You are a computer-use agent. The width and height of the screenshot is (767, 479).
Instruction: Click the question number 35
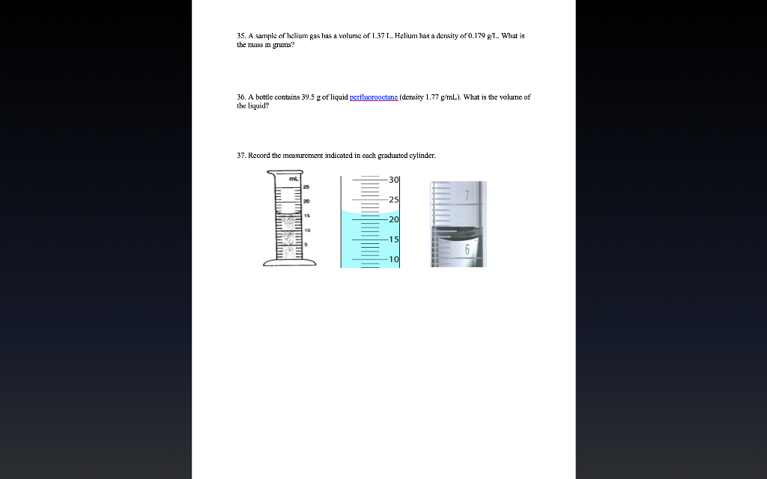pyautogui.click(x=240, y=36)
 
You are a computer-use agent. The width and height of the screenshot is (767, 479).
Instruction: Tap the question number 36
pyautogui.click(x=240, y=97)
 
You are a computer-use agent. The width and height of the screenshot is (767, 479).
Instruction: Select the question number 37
pyautogui.click(x=240, y=156)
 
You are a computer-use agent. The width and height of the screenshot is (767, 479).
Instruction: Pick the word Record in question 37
pyautogui.click(x=259, y=156)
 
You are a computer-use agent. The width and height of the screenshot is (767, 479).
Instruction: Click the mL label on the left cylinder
pyautogui.click(x=294, y=178)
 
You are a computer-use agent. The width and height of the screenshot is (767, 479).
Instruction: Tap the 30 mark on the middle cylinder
pyautogui.click(x=394, y=180)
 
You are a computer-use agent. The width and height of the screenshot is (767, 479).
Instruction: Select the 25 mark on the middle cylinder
pyautogui.click(x=394, y=200)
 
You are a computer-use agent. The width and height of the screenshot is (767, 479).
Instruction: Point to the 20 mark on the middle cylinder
pyautogui.click(x=394, y=219)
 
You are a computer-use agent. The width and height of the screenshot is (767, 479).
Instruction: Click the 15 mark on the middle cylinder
pyautogui.click(x=394, y=239)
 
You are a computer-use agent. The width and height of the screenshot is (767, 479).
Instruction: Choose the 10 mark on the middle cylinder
pyautogui.click(x=394, y=259)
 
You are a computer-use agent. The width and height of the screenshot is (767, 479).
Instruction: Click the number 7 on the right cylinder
pyautogui.click(x=467, y=196)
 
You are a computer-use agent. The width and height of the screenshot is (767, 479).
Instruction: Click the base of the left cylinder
pyautogui.click(x=289, y=262)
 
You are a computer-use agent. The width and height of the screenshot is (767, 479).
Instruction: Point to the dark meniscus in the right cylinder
pyautogui.click(x=458, y=231)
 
